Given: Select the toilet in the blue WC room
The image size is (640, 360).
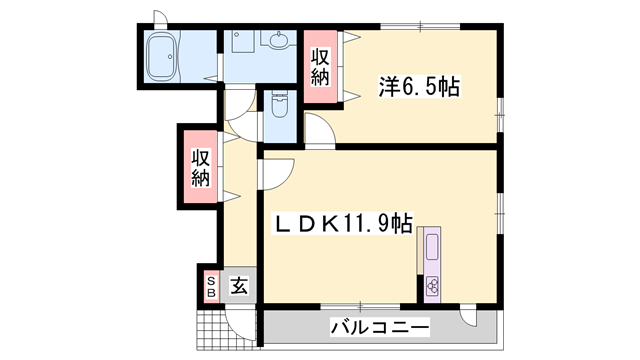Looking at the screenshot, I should click(277, 109).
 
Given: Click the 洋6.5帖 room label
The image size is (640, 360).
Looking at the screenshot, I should click(418, 87).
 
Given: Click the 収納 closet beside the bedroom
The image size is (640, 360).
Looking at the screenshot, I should click(321, 67).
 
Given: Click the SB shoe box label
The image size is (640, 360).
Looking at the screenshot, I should click(211, 287).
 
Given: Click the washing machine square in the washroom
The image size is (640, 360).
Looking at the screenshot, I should click(241, 41).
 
